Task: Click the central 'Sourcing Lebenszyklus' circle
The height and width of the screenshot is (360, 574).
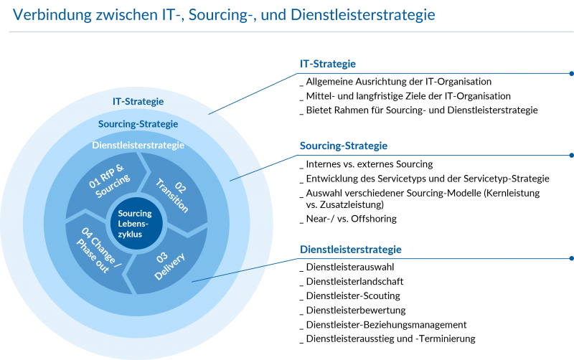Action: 136,223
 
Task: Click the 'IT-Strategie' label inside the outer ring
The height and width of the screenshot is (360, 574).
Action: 138,101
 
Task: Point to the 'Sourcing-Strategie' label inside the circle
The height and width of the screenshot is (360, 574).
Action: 138,124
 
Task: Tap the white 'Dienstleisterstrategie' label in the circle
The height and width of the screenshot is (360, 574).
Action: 138,146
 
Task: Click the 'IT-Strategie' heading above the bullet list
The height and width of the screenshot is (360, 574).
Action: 328,64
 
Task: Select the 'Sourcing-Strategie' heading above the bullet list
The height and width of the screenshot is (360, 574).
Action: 344,146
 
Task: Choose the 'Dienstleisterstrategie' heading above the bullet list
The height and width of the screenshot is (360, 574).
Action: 351,250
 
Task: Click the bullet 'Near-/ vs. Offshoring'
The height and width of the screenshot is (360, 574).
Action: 348,219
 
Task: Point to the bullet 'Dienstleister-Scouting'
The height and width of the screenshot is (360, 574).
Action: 350,295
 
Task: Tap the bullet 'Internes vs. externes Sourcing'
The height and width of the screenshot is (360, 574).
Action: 367,164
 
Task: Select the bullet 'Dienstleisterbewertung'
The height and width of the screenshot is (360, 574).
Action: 353,311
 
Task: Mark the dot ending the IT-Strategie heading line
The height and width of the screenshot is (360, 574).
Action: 571,74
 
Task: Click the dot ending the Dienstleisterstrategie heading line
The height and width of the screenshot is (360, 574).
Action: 571,258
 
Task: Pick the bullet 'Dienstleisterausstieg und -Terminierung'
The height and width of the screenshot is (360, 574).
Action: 387,338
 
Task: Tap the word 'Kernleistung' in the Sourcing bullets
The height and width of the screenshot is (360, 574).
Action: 514,193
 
